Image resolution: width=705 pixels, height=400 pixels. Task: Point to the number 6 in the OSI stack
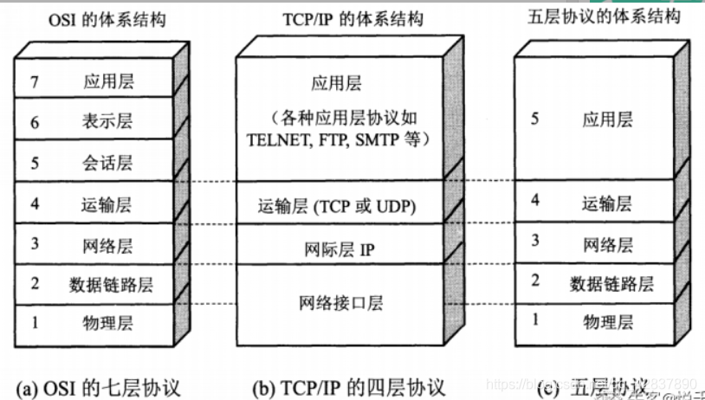35,122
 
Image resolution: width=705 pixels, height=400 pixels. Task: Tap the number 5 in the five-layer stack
534,118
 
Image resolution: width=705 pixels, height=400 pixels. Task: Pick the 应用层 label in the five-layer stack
607,119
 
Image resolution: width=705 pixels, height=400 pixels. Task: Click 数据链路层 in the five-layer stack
611,283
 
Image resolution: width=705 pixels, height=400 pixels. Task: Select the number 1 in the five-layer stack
534,320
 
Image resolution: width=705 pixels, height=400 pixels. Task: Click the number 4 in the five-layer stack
534,201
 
